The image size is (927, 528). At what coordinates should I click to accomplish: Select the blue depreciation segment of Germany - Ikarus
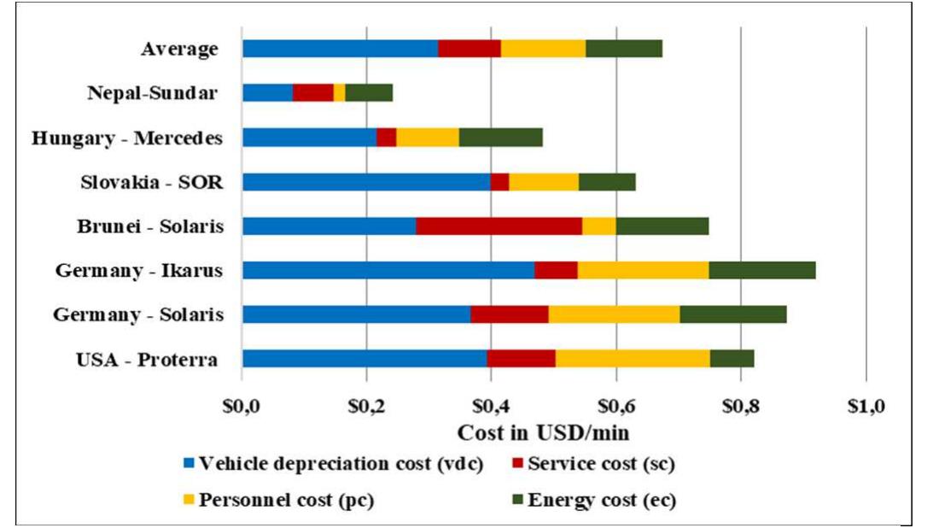click(x=388, y=270)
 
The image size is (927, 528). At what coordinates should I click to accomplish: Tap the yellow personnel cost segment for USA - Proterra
click(x=633, y=358)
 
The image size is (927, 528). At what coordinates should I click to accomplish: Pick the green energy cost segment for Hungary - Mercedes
click(x=501, y=137)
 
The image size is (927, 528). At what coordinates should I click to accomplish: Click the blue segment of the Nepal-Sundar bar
click(x=267, y=92)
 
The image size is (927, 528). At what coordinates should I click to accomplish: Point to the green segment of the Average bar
click(x=623, y=48)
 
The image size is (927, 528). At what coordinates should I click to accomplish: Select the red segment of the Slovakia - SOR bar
click(x=499, y=181)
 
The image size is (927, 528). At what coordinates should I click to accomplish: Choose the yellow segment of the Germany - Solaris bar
click(x=614, y=314)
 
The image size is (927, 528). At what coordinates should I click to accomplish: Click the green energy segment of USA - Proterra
click(x=732, y=358)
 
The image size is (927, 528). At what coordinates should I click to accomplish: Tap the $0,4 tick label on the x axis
click(x=491, y=405)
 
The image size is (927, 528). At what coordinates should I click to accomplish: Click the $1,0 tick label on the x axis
click(x=866, y=405)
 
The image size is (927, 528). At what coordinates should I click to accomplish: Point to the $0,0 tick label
click(x=242, y=405)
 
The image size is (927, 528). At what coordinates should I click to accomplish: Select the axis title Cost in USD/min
click(x=544, y=432)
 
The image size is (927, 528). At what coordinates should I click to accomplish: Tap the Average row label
click(x=178, y=49)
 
